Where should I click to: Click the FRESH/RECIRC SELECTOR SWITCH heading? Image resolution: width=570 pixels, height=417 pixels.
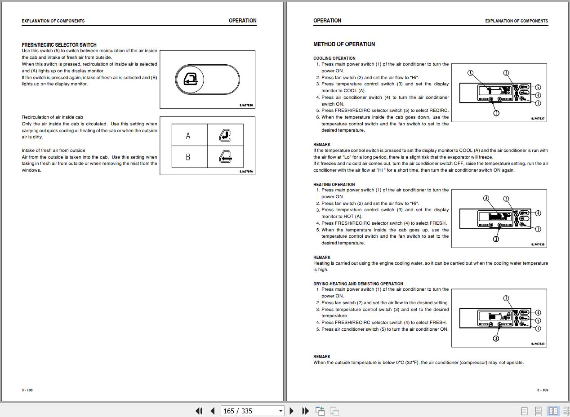(59, 45)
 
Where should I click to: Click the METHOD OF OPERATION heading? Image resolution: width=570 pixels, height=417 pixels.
(344, 44)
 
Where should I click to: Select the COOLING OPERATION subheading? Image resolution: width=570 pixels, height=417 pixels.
(334, 58)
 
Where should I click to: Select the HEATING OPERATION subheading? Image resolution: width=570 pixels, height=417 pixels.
(334, 185)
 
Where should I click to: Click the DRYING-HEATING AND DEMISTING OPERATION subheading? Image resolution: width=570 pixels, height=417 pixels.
(358, 284)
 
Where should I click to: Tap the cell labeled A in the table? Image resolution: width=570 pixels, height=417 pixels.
(188, 136)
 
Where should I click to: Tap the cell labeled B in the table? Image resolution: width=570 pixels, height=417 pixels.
(188, 157)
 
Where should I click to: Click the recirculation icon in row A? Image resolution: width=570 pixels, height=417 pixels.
(225, 135)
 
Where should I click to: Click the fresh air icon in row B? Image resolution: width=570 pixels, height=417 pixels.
(225, 157)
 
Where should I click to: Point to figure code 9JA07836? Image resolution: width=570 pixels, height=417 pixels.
(246, 106)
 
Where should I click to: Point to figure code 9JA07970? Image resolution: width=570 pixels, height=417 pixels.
(246, 172)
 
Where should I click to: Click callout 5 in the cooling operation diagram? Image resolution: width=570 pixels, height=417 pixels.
(538, 87)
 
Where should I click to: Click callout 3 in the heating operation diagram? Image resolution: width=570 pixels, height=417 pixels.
(496, 239)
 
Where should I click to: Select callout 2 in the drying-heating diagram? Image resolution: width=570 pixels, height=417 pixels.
(506, 298)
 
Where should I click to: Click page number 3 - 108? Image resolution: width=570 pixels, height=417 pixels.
(27, 390)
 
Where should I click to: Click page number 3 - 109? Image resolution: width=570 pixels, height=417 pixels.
(543, 390)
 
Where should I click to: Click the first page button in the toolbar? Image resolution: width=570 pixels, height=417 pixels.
(199, 411)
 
